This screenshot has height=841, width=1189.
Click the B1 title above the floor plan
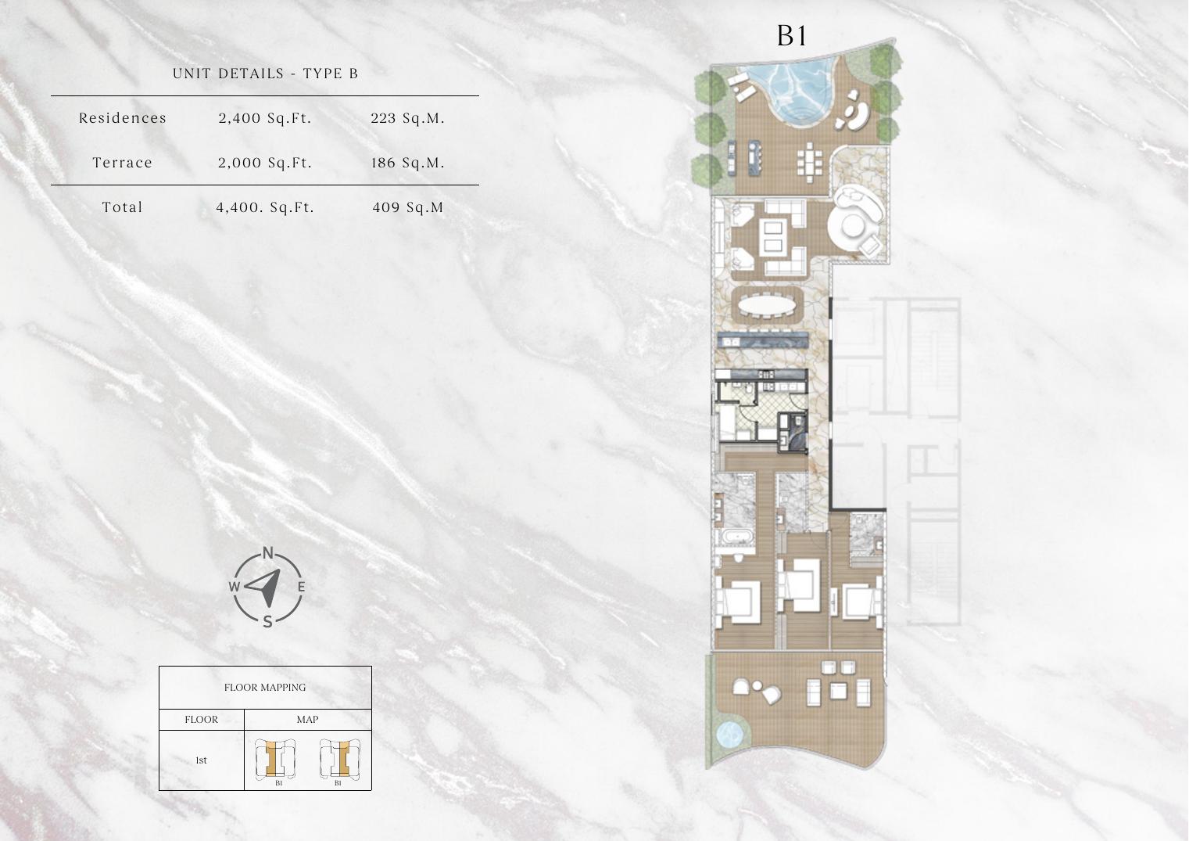point(792,36)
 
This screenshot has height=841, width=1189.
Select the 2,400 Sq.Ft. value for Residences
point(265,118)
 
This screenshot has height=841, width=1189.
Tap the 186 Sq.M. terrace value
point(407,163)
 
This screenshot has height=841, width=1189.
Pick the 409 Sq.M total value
point(407,207)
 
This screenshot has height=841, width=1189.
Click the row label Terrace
point(123,163)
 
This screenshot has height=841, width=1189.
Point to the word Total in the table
point(123,207)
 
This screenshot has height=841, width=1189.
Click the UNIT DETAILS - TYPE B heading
point(266,74)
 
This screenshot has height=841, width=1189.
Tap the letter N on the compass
point(268,553)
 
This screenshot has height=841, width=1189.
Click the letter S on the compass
point(268,621)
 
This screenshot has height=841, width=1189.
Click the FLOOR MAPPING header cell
point(266,688)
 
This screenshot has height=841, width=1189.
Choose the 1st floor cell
point(202,760)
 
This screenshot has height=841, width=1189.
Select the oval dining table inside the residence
point(768,305)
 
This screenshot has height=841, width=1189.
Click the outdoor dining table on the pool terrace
point(809,159)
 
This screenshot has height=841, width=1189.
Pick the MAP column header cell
point(308,719)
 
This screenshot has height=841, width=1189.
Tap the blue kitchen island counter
point(763,340)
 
